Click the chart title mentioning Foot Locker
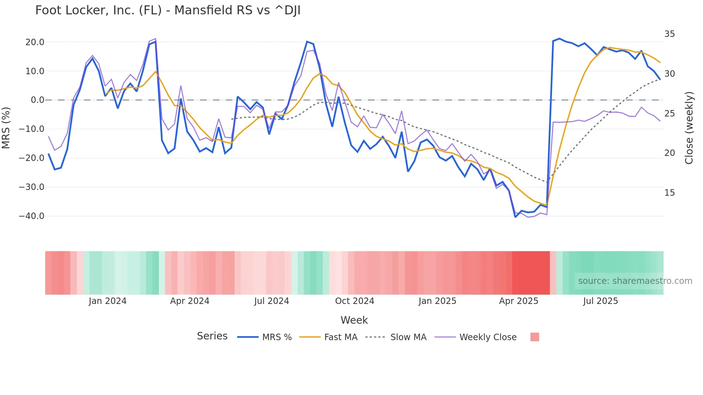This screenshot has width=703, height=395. (x=168, y=10)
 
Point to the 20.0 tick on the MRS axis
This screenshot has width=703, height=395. (x=35, y=42)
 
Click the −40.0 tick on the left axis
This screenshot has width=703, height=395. (x=32, y=216)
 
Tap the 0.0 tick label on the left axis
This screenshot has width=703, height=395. (x=37, y=100)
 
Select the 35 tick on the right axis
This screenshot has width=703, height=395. (x=669, y=34)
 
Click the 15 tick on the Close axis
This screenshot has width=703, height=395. (x=669, y=193)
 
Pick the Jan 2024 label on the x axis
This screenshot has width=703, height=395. (x=108, y=301)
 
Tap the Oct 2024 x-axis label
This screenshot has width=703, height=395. (x=354, y=301)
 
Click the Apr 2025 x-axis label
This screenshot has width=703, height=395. (x=519, y=301)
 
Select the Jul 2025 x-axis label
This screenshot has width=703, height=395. (x=600, y=301)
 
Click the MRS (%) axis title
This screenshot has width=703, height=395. (x=6, y=128)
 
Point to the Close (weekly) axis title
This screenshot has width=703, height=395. (x=689, y=128)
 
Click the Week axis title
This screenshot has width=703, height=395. (x=354, y=320)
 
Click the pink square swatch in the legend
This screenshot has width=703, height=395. (x=534, y=337)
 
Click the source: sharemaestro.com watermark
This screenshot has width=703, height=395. (x=635, y=281)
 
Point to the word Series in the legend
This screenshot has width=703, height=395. (x=212, y=336)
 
